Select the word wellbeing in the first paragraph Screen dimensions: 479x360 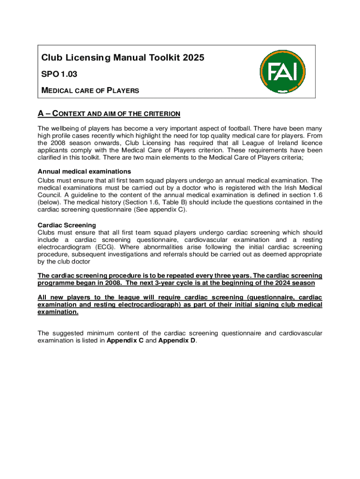(65, 128)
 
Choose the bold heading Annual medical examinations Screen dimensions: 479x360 (84, 171)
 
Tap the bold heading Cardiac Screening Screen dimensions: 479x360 (67, 225)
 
